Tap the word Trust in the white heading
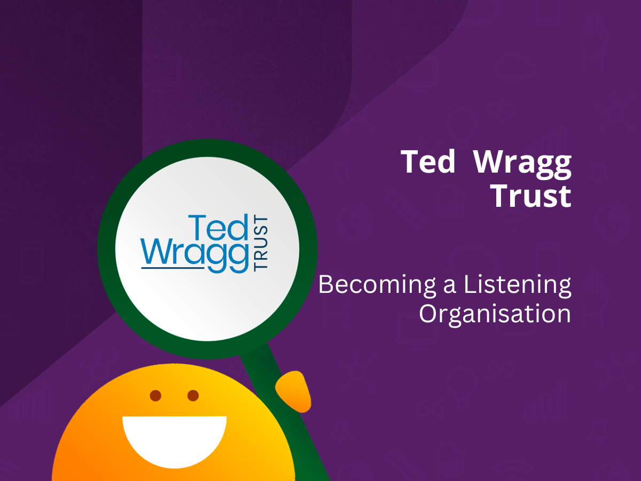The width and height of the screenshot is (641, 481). pos(531,196)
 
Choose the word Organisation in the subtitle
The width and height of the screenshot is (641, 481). pos(495,314)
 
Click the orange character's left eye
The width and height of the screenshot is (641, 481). pos(155,395)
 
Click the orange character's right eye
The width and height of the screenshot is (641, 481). pos(193,395)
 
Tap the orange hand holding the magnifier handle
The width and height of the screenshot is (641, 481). pos(294,391)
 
